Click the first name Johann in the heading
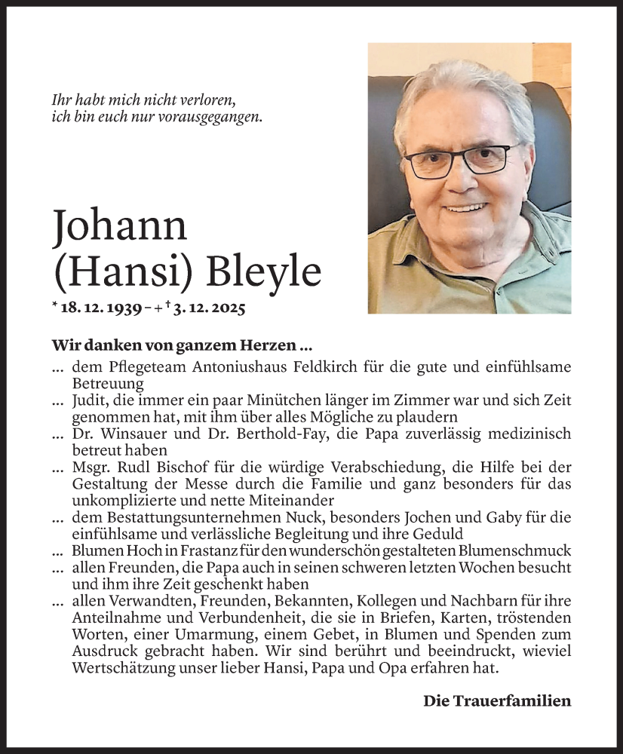pyautogui.click(x=120, y=226)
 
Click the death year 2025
pyautogui.click(x=228, y=308)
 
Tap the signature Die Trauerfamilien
pyautogui.click(x=497, y=701)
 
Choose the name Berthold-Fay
pyautogui.click(x=233, y=434)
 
